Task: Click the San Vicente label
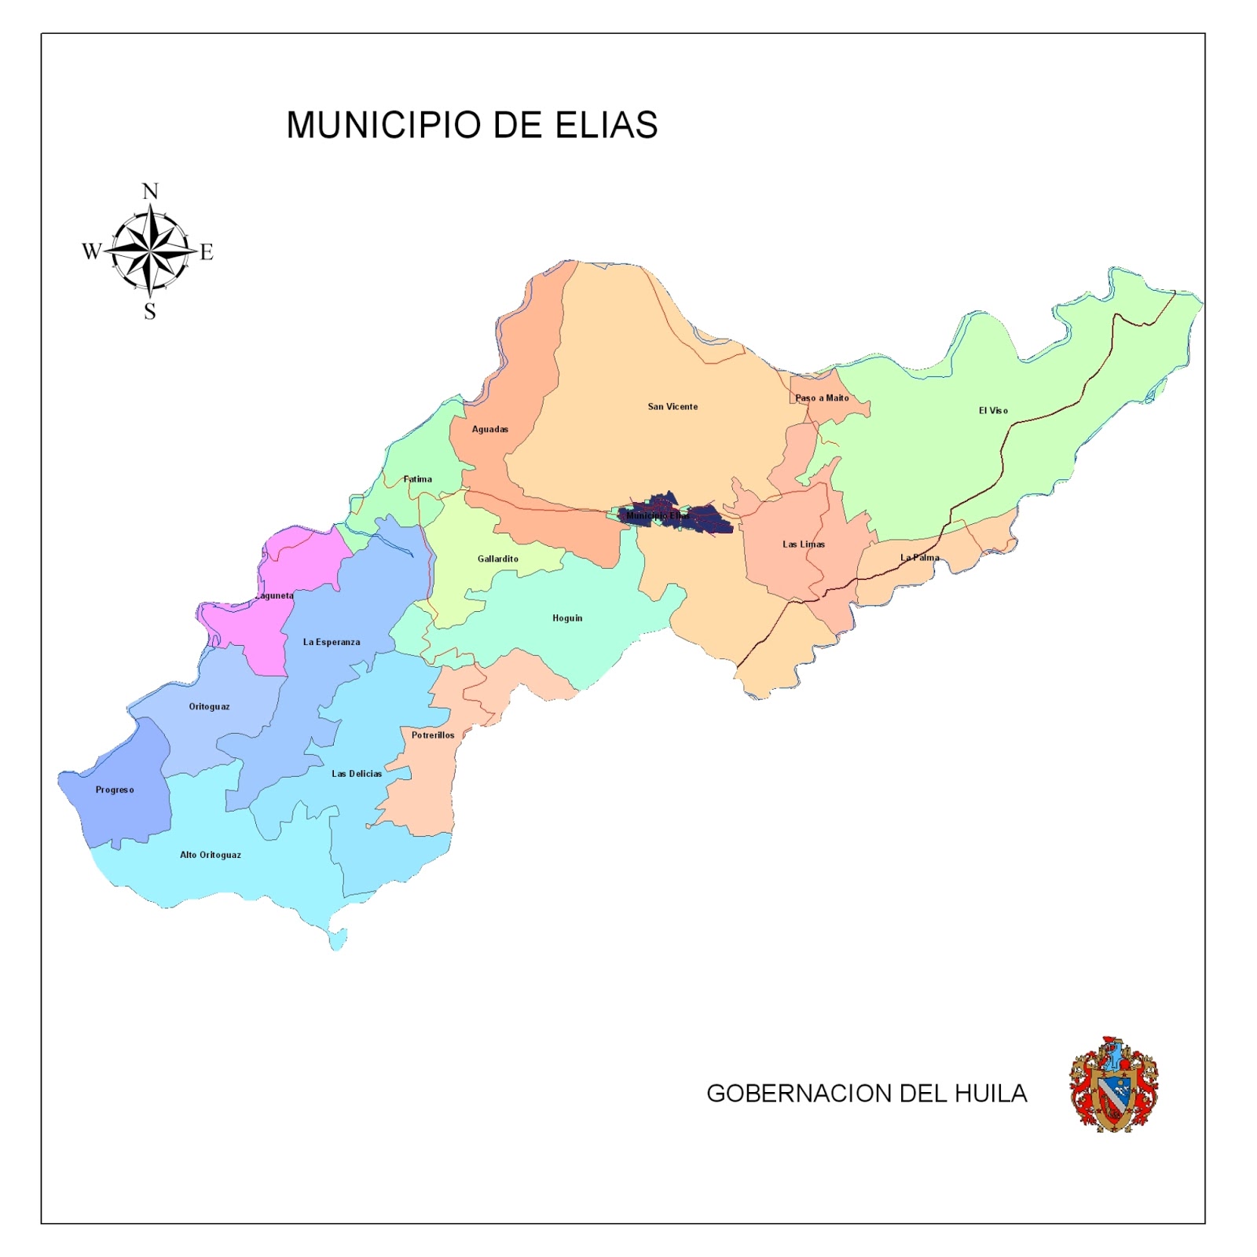pyautogui.click(x=672, y=406)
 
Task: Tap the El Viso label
pyautogui.click(x=993, y=410)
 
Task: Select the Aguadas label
pyautogui.click(x=489, y=429)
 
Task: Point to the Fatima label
pyautogui.click(x=417, y=478)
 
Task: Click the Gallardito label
pyautogui.click(x=497, y=559)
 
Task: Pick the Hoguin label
pyautogui.click(x=567, y=618)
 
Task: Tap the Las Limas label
pyautogui.click(x=803, y=544)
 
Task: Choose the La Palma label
pyautogui.click(x=919, y=557)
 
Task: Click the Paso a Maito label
pyautogui.click(x=822, y=398)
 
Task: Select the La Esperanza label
pyautogui.click(x=332, y=642)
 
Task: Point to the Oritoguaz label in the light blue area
pyautogui.click(x=209, y=706)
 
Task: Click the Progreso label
pyautogui.click(x=115, y=790)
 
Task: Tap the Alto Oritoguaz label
pyautogui.click(x=211, y=855)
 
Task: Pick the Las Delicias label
pyautogui.click(x=357, y=773)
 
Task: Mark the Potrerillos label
pyautogui.click(x=433, y=735)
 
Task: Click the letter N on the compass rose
pyautogui.click(x=150, y=191)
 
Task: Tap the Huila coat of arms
pyautogui.click(x=1113, y=1084)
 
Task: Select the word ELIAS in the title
pyautogui.click(x=607, y=125)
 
